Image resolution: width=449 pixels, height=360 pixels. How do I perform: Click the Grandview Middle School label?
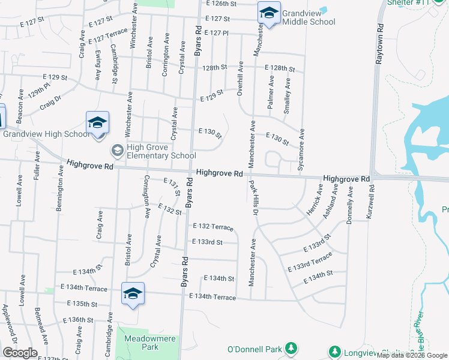pos(308,17)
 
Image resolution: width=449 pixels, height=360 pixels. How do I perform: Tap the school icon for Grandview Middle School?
pos(269,13)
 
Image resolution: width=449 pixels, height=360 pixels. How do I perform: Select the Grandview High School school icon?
pos(97,123)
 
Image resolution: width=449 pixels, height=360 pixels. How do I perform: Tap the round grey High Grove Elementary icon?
pos(118,150)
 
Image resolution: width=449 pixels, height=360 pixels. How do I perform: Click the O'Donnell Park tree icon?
pos(291,349)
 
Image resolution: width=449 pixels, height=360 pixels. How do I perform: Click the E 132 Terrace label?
pos(212,227)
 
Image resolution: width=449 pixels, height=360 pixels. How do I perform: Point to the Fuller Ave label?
pos(38,166)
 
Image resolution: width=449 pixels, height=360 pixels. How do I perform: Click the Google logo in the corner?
pos(20,353)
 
